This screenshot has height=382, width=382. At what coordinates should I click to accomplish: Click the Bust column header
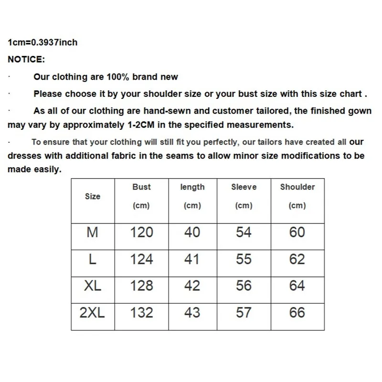(x=141, y=187)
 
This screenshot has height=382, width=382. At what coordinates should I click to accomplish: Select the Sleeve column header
(x=244, y=187)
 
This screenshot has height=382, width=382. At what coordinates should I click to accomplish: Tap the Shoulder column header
(x=297, y=187)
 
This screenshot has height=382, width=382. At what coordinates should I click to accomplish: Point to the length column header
(x=192, y=187)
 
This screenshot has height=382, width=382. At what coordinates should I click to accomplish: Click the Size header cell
(x=93, y=196)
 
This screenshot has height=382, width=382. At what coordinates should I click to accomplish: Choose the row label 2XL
(x=93, y=313)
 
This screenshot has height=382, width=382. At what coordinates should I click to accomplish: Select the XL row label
(x=93, y=286)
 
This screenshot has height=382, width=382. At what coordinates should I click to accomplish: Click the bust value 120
(x=142, y=233)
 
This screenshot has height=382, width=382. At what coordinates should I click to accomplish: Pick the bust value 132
(x=142, y=313)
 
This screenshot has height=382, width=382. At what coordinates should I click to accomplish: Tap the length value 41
(x=192, y=259)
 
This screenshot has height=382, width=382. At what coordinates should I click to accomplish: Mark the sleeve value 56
(x=244, y=286)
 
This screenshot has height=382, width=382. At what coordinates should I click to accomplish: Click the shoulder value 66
(x=297, y=313)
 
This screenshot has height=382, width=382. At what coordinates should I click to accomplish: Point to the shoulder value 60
(x=297, y=233)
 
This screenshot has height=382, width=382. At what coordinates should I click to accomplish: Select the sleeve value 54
(x=244, y=233)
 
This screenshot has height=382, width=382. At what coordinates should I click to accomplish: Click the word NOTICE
(x=26, y=60)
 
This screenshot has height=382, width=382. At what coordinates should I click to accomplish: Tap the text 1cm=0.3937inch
(x=42, y=42)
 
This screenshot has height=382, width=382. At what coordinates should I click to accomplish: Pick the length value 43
(x=192, y=313)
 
